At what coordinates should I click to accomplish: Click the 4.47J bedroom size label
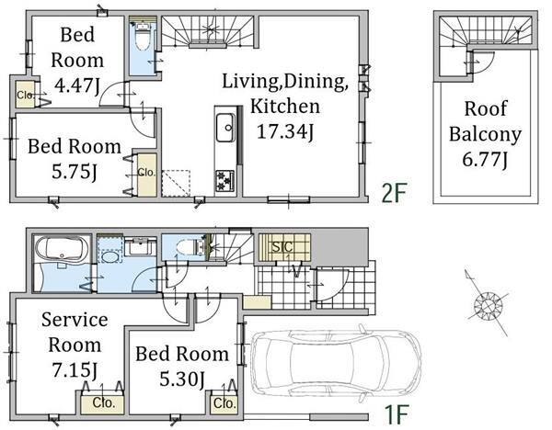77,85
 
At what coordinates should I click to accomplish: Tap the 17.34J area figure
285,132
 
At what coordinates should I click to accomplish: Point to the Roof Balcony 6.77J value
485,160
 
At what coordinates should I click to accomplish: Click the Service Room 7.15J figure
75,370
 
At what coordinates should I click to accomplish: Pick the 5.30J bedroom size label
182,379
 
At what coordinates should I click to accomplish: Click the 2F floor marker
395,193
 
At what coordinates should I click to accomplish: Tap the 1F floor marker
396,415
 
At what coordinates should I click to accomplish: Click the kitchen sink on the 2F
225,128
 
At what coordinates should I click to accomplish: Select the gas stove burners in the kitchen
225,181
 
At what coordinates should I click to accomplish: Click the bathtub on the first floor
62,249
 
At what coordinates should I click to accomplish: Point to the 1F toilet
189,247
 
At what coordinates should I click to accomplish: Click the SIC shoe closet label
282,247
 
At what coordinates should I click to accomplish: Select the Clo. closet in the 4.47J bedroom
26,95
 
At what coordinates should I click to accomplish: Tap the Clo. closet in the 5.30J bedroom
224,404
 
